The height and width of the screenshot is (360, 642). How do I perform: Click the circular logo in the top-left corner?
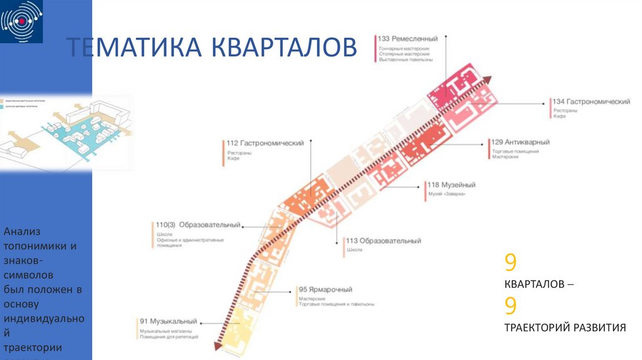[x=23, y=22]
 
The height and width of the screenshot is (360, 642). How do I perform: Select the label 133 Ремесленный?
[x=408, y=39]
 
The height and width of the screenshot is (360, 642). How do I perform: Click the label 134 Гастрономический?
[x=591, y=102]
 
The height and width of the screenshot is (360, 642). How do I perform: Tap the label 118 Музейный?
[x=451, y=185]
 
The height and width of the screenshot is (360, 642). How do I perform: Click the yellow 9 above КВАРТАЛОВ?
[x=510, y=262]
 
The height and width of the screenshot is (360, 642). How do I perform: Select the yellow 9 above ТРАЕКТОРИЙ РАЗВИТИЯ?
[x=510, y=306]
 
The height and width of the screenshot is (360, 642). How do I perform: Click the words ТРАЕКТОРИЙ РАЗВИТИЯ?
[x=565, y=327]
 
